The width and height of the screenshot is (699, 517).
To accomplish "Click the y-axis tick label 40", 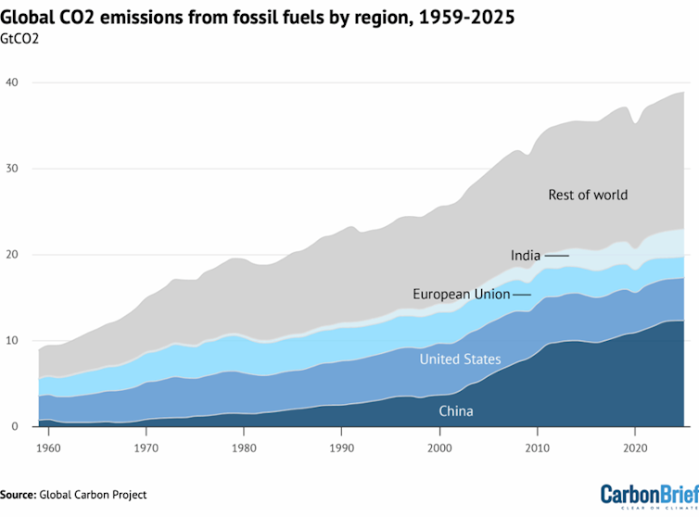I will pos(11,82).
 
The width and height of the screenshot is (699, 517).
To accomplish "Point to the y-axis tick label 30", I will pos(11,169).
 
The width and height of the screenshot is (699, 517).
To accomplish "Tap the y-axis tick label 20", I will pos(11,255).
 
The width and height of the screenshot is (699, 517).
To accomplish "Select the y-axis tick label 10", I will pos(11,341).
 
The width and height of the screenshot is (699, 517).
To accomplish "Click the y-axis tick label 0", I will pos(14,427).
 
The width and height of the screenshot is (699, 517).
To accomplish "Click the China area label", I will pos(456,410).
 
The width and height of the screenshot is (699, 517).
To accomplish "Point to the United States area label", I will pos(460,359).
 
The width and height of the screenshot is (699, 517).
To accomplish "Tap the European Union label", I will pos(461,295).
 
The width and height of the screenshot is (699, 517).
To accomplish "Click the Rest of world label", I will pos(588,195).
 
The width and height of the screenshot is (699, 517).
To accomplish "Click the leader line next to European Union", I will pos(522,295).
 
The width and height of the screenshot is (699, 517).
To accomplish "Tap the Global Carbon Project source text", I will pos(93,495).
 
